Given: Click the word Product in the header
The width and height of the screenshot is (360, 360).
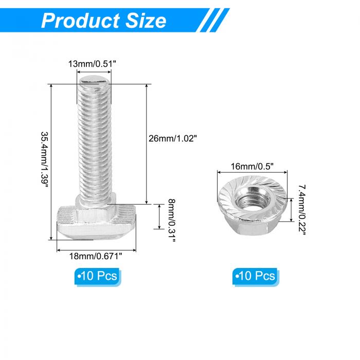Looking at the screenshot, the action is (x=80, y=21).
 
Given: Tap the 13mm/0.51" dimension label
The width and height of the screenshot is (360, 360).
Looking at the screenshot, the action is (x=92, y=64).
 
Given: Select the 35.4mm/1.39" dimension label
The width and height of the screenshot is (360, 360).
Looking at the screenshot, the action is (x=45, y=160).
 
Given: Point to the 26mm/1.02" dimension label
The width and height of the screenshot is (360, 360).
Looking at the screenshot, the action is (x=173, y=138).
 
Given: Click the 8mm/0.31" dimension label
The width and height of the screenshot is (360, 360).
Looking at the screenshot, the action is (x=171, y=221).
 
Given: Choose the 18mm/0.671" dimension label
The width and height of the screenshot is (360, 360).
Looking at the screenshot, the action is (x=96, y=256).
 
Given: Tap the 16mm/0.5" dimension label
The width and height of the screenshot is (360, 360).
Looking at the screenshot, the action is (x=252, y=167).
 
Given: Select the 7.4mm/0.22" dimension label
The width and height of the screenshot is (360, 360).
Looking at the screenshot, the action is (x=302, y=210).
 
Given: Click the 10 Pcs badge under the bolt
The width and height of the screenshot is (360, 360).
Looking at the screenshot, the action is (x=98, y=276).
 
